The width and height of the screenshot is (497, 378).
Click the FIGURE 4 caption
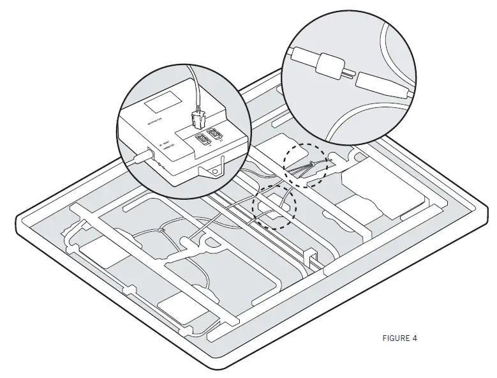400,338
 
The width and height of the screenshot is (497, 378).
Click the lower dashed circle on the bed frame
275,206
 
